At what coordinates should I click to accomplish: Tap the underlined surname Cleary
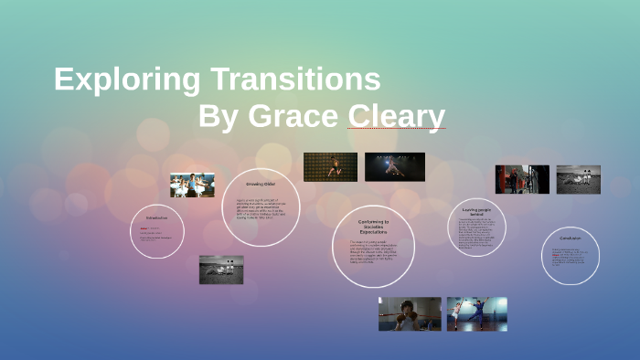click(x=396, y=117)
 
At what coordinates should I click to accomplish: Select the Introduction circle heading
click(x=157, y=218)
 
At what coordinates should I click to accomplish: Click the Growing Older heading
click(x=261, y=185)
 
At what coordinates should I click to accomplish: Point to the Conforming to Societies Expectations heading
click(x=373, y=228)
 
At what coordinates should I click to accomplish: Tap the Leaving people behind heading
click(x=477, y=212)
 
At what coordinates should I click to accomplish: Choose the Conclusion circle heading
click(x=571, y=238)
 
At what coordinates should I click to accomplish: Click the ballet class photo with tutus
click(x=192, y=185)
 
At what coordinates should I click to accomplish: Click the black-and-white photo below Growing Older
click(x=221, y=270)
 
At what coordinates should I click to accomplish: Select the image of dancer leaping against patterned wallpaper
click(x=330, y=166)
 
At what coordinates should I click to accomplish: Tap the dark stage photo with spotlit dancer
click(x=395, y=166)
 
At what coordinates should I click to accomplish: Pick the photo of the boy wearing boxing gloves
click(x=410, y=313)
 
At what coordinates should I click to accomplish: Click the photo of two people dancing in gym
click(x=476, y=313)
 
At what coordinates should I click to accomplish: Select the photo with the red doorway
click(x=522, y=179)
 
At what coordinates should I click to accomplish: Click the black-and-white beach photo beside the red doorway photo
click(x=579, y=179)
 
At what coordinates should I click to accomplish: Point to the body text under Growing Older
click(x=261, y=209)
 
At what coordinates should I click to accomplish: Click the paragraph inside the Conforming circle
click(x=373, y=251)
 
